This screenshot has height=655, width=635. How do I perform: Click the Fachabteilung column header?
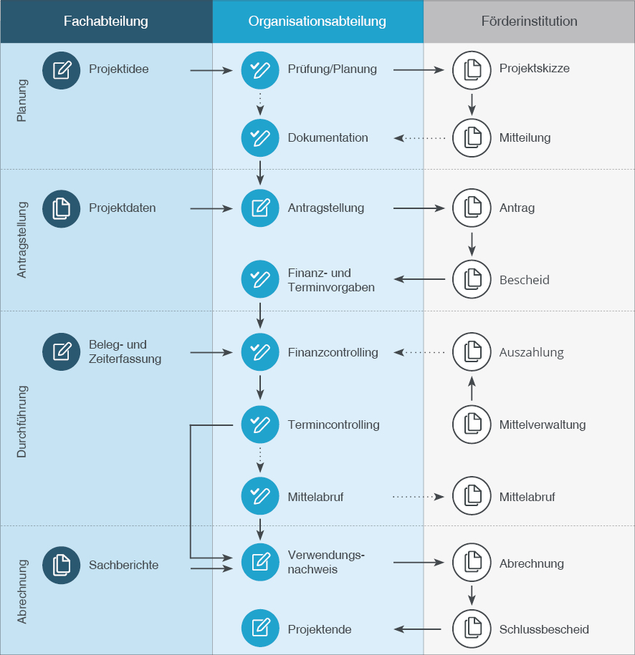click(106, 21)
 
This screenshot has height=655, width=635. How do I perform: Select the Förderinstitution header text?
click(529, 21)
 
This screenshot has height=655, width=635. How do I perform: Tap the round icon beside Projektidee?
click(61, 70)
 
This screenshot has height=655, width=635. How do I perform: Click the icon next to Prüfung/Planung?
click(259, 70)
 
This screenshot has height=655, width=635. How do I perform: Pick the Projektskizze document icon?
click(472, 70)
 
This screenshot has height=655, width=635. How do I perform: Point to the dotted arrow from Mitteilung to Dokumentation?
click(419, 138)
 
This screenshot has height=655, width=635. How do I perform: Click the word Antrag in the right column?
click(517, 208)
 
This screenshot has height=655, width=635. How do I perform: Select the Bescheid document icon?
click(472, 279)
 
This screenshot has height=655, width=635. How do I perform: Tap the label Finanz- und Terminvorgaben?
click(331, 280)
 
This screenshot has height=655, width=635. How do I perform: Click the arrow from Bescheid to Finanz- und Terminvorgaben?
click(419, 279)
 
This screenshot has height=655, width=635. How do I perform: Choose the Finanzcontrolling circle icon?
click(259, 351)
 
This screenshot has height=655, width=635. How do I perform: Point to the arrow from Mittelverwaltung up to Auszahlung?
click(472, 389)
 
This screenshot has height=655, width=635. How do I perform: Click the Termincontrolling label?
click(333, 424)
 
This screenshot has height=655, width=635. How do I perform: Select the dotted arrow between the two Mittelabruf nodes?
click(419, 497)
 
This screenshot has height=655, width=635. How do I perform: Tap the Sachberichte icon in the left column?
click(61, 566)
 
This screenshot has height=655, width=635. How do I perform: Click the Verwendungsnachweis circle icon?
click(259, 562)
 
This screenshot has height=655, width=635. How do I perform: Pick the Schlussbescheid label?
click(544, 629)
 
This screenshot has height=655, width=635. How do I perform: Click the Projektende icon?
click(259, 628)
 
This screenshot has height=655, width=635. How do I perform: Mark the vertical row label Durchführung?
click(22, 421)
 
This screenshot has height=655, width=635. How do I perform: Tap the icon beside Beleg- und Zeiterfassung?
click(61, 351)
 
